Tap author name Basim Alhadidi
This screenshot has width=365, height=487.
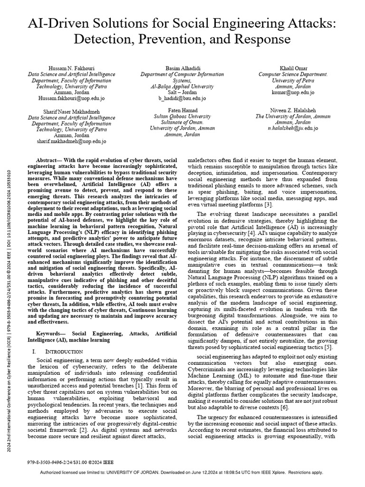[x=182, y=69]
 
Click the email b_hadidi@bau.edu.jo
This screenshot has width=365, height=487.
[x=182, y=98]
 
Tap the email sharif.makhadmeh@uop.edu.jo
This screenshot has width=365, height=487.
[x=71, y=141]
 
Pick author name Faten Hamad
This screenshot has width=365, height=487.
[x=182, y=110]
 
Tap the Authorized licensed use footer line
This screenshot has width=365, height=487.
[x=182, y=472]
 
